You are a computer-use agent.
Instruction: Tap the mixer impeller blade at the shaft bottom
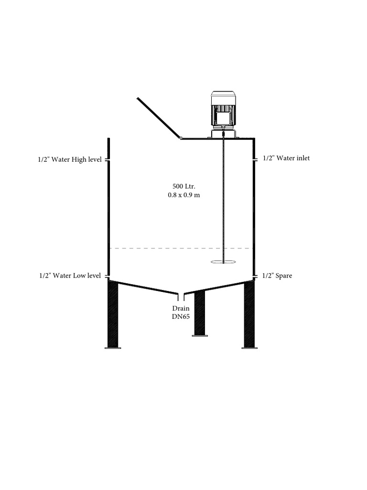click(224, 262)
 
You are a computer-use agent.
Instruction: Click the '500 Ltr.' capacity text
click(184, 187)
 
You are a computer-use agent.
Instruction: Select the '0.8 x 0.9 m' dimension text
click(184, 195)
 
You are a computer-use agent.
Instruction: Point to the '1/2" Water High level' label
click(70, 160)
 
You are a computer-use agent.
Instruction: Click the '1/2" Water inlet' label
click(287, 158)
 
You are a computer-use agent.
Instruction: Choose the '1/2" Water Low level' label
click(70, 276)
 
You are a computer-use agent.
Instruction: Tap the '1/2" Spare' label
click(277, 276)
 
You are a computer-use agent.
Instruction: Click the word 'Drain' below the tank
click(181, 309)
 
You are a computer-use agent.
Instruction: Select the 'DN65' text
click(181, 317)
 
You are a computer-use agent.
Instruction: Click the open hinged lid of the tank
click(159, 118)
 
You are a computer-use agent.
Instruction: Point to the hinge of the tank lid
click(181, 137)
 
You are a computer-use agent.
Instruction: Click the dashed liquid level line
click(181, 248)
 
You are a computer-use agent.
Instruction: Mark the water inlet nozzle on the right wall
click(255, 159)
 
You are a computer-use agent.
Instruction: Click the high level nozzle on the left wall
click(108, 160)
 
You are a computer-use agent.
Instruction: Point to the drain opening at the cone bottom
click(181, 295)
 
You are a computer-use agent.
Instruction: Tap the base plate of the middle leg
click(200, 335)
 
